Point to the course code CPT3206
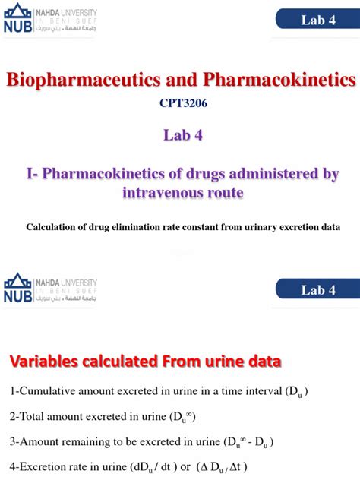(x=179, y=106)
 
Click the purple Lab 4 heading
(x=179, y=137)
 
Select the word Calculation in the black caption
(x=53, y=226)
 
